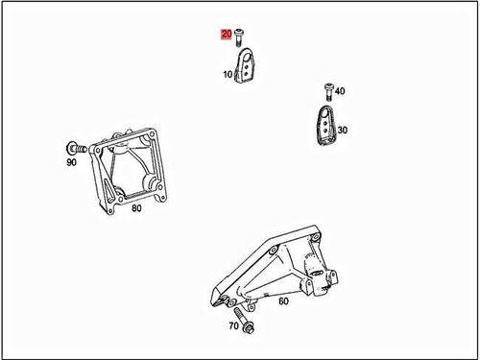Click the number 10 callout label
228,74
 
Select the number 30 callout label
343,130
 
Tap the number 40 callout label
340,91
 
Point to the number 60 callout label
283,301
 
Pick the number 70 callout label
233,327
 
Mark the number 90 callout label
72,164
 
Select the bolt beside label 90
75,148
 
